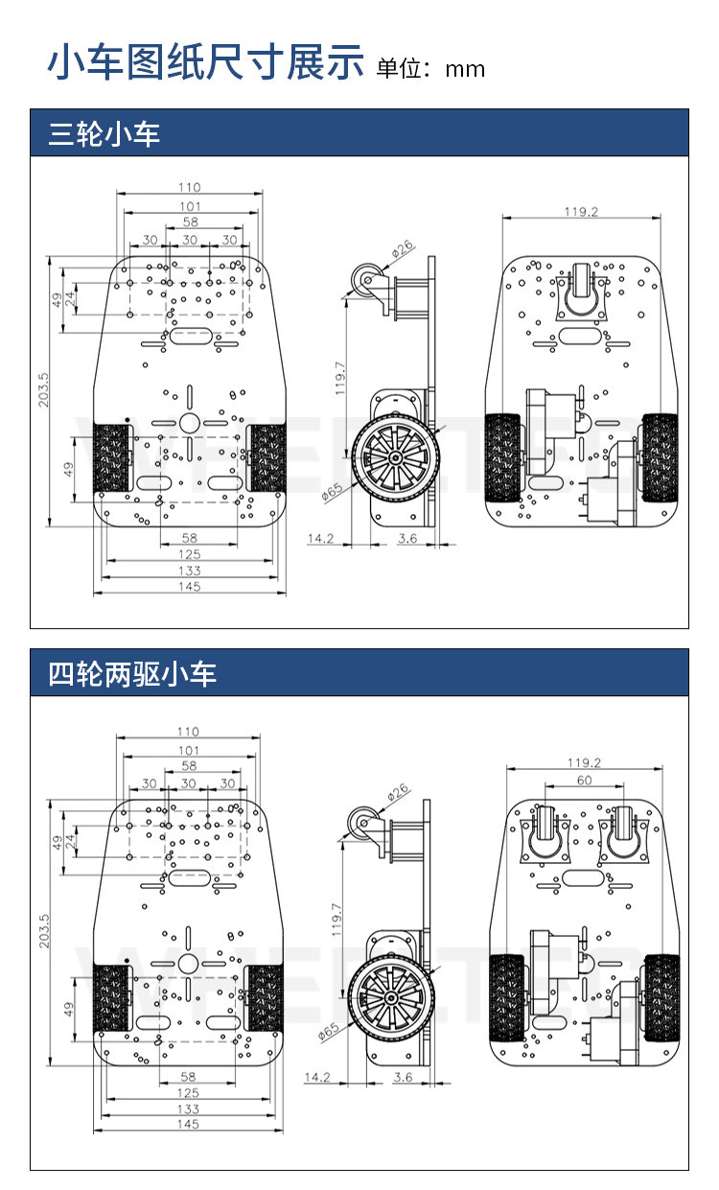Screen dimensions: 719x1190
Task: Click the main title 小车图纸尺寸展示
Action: pos(205,62)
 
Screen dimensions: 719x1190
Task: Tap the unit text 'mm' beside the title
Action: pos(465,70)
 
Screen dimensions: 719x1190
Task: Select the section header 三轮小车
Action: pos(104,133)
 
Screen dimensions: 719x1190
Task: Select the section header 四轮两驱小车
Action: pos(132,673)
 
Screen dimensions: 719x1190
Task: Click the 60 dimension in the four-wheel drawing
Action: pos(584,780)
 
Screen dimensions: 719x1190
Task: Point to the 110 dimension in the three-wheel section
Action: pos(190,187)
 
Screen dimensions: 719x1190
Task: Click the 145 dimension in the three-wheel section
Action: pos(190,587)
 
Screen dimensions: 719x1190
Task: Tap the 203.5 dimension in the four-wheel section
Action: pos(44,931)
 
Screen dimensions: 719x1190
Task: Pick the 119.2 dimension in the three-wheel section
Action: pos(581,211)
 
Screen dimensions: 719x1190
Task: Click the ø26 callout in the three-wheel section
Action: pos(403,248)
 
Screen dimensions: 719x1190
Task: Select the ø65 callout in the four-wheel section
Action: pos(328,1032)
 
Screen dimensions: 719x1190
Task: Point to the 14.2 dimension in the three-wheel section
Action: pos(321,538)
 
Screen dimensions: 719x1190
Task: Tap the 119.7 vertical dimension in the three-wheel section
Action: pos(340,378)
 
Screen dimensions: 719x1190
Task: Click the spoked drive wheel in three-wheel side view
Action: pos(395,456)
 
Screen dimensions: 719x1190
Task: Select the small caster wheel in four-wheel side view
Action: pos(363,823)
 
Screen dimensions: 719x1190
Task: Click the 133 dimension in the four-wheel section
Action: pos(189,1108)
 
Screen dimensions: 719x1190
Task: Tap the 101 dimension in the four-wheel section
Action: pos(189,750)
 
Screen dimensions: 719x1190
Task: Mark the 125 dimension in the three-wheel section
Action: pos(190,554)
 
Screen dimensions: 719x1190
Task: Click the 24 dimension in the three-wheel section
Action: pos(70,299)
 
